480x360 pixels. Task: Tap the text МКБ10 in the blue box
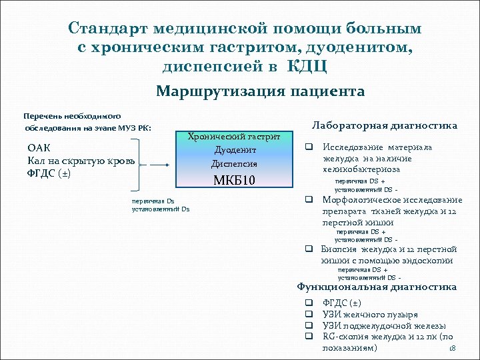tap(235, 181)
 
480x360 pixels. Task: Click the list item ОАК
tap(39, 147)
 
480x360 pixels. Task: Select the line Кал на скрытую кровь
tap(81, 161)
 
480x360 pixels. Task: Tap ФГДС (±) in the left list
tap(49, 173)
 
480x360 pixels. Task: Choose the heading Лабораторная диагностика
tap(385, 125)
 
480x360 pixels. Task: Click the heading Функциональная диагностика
tap(377, 287)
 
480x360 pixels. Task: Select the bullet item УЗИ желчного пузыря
tap(369, 314)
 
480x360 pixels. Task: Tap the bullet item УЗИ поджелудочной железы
tap(384, 325)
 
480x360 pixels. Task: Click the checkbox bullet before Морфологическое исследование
tap(309, 199)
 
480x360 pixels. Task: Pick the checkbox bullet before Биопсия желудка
tap(309, 249)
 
